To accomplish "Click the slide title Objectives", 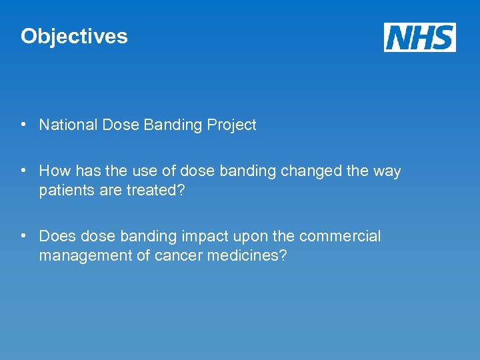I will [x=74, y=36].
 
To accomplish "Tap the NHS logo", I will [x=419, y=37].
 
